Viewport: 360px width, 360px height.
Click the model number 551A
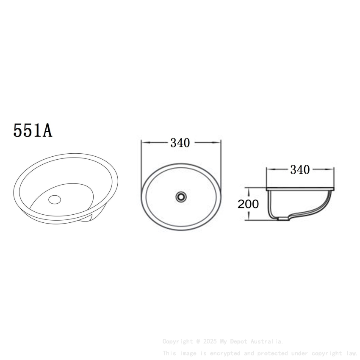pyautogui.click(x=33, y=130)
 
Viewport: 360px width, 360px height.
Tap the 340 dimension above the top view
pyautogui.click(x=180, y=143)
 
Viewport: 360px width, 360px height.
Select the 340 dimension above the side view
pyautogui.click(x=300, y=170)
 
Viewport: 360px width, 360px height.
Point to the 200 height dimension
pyautogui.click(x=248, y=204)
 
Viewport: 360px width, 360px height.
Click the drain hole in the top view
pyautogui.click(x=181, y=197)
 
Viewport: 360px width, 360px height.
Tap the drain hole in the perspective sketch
pyautogui.click(x=55, y=199)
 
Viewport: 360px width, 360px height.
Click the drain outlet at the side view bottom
pyautogui.click(x=281, y=219)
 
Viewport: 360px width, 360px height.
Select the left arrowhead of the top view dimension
pyautogui.click(x=143, y=143)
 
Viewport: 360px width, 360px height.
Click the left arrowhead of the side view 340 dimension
pyautogui.click(x=269, y=170)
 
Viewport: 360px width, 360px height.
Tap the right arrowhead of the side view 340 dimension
pyautogui.click(x=332, y=170)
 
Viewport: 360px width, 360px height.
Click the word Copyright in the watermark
pyautogui.click(x=177, y=341)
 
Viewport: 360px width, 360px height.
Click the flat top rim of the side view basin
pyautogui.click(x=300, y=188)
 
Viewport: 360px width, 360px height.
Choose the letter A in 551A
pyautogui.click(x=47, y=130)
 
